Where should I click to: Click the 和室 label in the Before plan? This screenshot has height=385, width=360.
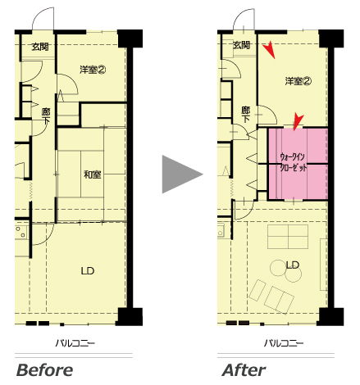pyautogui.click(x=93, y=174)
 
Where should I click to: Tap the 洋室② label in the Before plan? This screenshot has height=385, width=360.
pyautogui.click(x=93, y=70)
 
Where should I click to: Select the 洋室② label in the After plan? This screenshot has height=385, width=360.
pyautogui.click(x=298, y=81)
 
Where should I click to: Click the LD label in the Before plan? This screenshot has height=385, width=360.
pyautogui.click(x=88, y=271)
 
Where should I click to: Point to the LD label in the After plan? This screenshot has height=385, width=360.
pyautogui.click(x=293, y=265)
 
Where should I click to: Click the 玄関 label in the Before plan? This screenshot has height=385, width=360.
pyautogui.click(x=40, y=47)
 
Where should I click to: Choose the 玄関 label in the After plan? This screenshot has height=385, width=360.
pyautogui.click(x=242, y=45)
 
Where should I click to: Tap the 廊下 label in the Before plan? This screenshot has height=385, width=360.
pyautogui.click(x=46, y=115)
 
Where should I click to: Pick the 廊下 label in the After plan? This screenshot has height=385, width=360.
pyautogui.click(x=245, y=114)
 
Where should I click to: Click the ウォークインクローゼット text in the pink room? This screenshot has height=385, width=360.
pyautogui.click(x=294, y=162)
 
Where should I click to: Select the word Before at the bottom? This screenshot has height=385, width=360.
pyautogui.click(x=44, y=370)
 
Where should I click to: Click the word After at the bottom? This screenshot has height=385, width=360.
pyautogui.click(x=244, y=370)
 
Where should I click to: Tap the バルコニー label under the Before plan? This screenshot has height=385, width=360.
pyautogui.click(x=75, y=343)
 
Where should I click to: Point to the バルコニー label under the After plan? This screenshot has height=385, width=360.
pyautogui.click(x=284, y=343)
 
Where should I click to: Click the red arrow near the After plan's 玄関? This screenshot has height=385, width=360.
pyautogui.click(x=269, y=50)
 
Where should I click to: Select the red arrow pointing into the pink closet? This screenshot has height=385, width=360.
pyautogui.click(x=298, y=123)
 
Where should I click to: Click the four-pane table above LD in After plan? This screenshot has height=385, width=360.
pyautogui.click(x=288, y=237)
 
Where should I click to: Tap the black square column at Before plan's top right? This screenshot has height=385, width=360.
pyautogui.click(x=130, y=38)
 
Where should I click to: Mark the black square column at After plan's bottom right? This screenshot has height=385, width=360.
pyautogui.click(x=331, y=316)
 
